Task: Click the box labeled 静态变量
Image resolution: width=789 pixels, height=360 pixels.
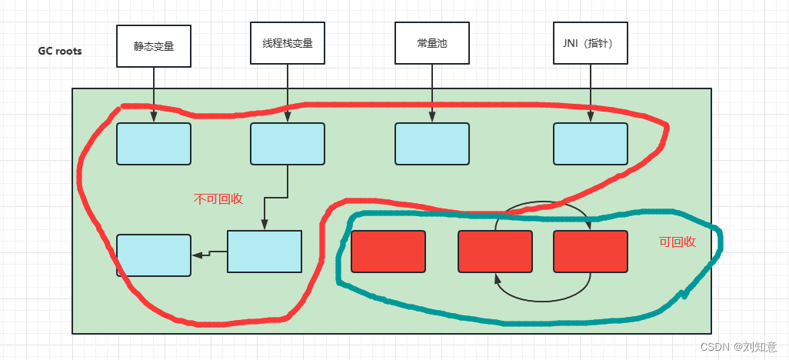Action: pos(154,45)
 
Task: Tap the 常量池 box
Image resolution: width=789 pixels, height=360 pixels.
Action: pos(431,44)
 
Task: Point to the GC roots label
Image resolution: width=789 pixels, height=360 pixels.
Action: pos(60,52)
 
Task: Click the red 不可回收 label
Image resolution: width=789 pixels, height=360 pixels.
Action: pos(218,198)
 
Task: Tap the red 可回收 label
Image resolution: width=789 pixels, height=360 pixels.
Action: pos(677,242)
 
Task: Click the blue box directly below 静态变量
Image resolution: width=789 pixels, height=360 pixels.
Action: pos(154,144)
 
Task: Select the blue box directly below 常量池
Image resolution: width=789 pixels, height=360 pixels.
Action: pos(431,144)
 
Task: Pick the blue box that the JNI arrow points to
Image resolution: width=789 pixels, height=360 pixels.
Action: pos(591,144)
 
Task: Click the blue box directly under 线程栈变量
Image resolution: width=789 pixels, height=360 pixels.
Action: pos(288,144)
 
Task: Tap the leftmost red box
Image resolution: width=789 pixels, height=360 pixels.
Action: pos(388,251)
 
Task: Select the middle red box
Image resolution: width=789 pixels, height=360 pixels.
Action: pos(495,251)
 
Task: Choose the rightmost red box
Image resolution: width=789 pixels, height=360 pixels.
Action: pos(591,251)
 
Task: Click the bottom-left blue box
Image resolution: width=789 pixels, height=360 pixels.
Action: pos(154,255)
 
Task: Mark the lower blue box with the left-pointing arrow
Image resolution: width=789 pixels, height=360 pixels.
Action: pos(265,251)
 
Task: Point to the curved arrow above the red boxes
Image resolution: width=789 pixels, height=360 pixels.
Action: pos(542,205)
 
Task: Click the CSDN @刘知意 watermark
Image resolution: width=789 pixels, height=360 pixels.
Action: pos(744,347)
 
